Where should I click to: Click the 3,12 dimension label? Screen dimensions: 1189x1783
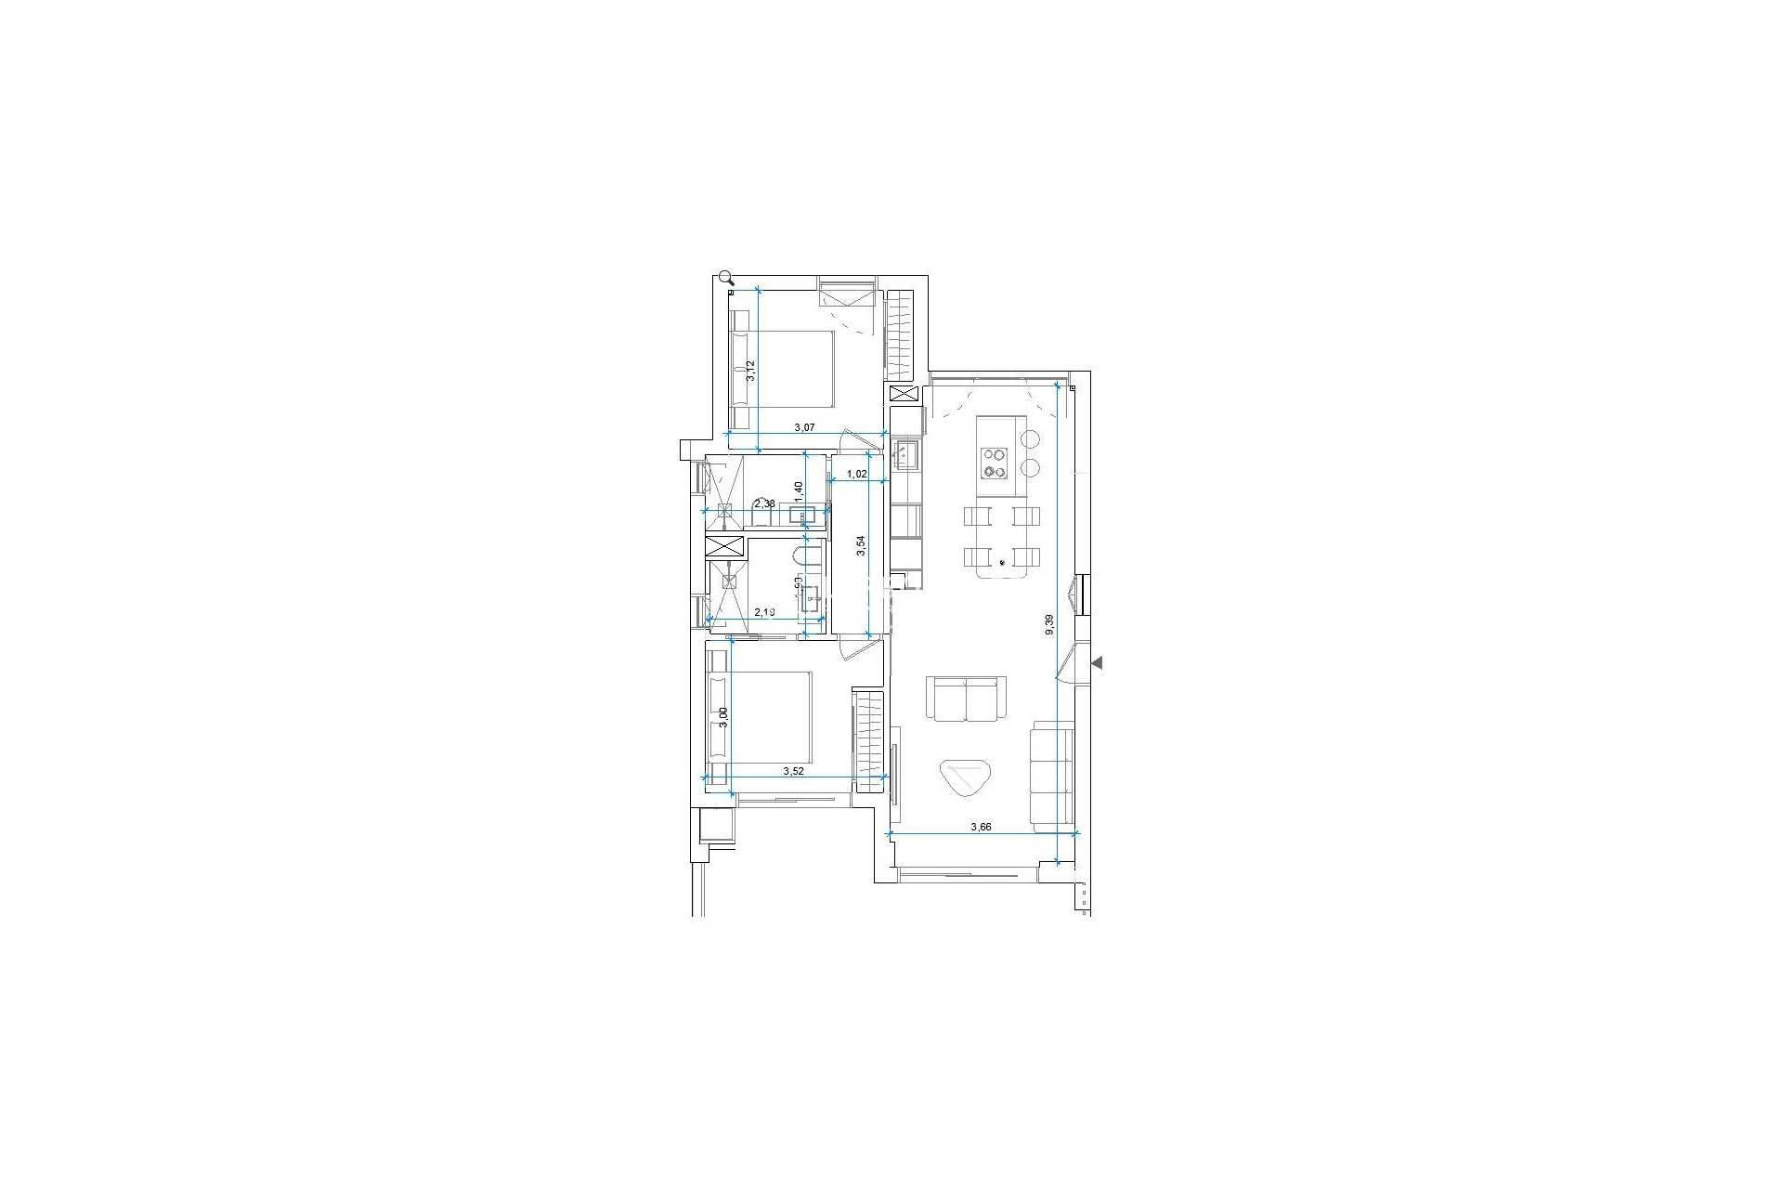(751, 371)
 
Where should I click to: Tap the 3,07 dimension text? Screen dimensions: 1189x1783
(803, 427)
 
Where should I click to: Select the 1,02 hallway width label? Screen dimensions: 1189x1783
(856, 474)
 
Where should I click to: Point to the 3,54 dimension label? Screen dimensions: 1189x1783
(862, 545)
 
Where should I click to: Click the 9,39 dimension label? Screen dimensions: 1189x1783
(1049, 624)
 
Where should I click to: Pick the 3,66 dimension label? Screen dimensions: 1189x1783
(981, 827)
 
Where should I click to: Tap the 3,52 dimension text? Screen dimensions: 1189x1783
(793, 771)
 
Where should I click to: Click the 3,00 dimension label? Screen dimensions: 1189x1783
(724, 718)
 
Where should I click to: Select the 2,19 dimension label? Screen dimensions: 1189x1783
(764, 612)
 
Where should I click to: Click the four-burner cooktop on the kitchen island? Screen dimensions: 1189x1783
(995, 462)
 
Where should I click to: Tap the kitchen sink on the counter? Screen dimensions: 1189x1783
(905, 454)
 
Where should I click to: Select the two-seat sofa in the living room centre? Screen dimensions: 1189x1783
(967, 699)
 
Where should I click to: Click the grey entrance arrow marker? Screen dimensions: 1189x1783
(1097, 663)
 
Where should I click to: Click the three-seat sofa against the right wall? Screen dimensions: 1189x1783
(1052, 774)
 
